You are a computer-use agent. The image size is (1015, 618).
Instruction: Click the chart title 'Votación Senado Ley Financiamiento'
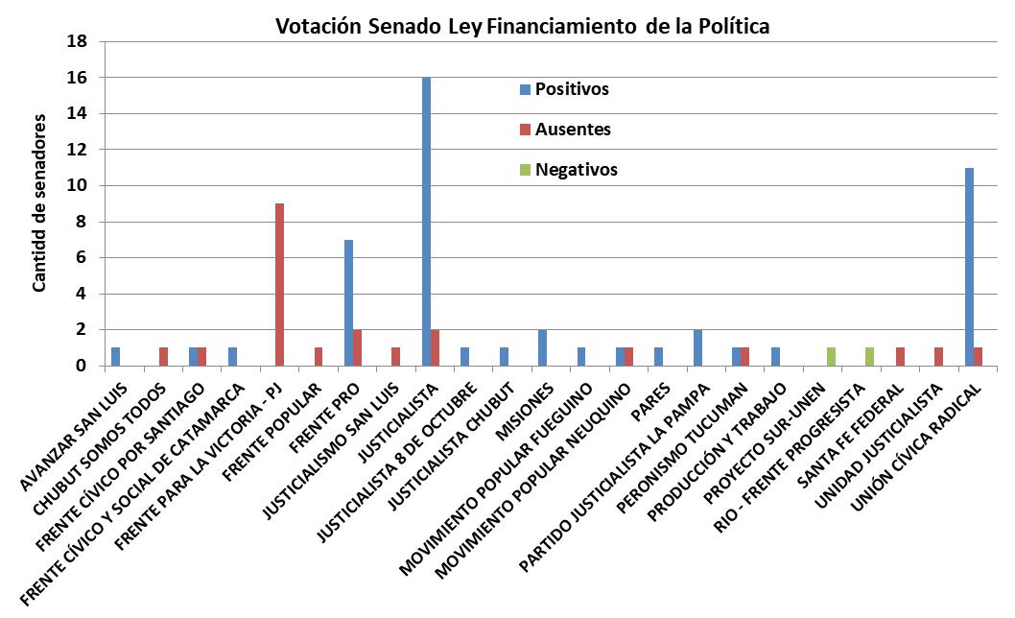pyautogui.click(x=523, y=26)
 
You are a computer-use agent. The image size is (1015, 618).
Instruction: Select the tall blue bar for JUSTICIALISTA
pyautogui.click(x=426, y=221)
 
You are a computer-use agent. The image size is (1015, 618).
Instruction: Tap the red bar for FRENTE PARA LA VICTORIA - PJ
pyautogui.click(x=279, y=284)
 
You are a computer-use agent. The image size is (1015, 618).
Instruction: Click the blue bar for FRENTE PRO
pyautogui.click(x=348, y=302)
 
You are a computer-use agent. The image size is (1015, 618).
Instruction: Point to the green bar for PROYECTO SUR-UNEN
pyautogui.click(x=831, y=356)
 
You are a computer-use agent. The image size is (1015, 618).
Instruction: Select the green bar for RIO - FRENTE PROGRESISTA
pyautogui.click(x=869, y=356)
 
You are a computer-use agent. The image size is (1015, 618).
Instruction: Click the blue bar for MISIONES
pyautogui.click(x=542, y=347)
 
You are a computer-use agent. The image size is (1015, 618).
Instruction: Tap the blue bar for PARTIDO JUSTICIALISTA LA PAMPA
pyautogui.click(x=696, y=347)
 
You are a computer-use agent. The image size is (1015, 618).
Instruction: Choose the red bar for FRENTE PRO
pyautogui.click(x=358, y=347)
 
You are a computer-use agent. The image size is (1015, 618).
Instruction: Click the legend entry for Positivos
pyautogui.click(x=571, y=89)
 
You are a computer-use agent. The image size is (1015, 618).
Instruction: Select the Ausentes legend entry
pyautogui.click(x=572, y=130)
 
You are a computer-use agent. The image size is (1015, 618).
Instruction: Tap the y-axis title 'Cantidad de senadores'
pyautogui.click(x=39, y=202)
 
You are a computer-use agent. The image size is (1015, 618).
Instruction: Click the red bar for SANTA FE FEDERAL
pyautogui.click(x=899, y=356)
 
